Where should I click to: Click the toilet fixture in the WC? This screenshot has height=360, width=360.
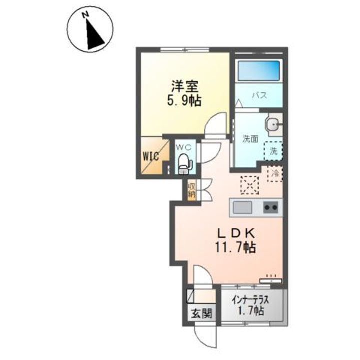pos(184,162)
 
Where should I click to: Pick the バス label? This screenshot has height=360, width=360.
pos(258,95)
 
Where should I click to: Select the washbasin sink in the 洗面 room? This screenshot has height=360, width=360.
pos(272,125)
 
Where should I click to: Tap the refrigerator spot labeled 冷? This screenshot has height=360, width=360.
pos(275,173)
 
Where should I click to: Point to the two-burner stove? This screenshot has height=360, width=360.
pos(270,207)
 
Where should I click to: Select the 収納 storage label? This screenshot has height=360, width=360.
pos(191,190)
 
